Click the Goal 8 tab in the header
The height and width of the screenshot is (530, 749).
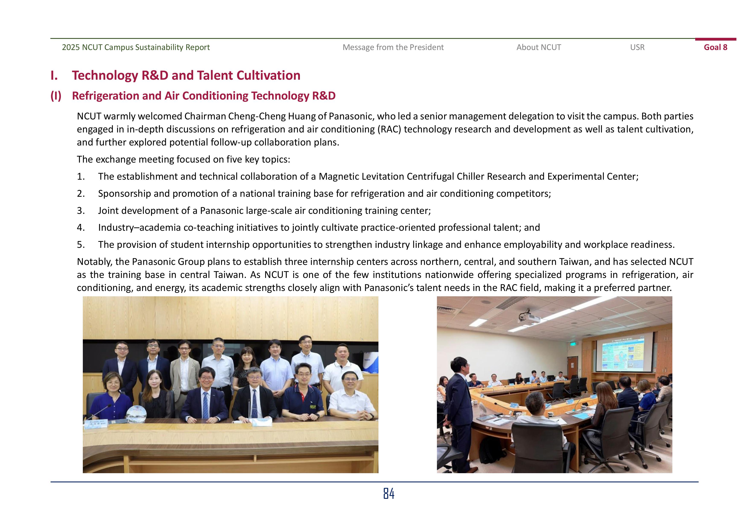(x=715, y=47)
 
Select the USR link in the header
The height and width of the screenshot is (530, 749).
(x=637, y=47)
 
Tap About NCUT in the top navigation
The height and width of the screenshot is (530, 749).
(x=539, y=47)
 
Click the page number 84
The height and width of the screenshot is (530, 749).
(x=388, y=493)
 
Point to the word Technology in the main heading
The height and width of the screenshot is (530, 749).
(x=105, y=75)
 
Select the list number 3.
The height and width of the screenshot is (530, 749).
(x=80, y=211)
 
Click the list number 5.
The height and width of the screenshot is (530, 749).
(x=80, y=245)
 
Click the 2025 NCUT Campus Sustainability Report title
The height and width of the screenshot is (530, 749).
(x=136, y=47)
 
